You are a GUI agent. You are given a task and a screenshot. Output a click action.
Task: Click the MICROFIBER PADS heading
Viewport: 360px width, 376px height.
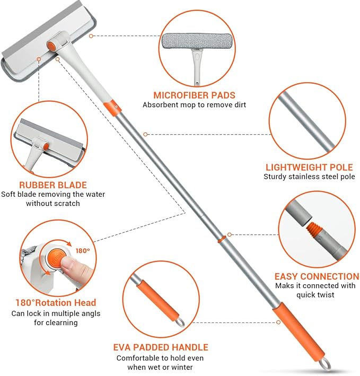click(x=195, y=95)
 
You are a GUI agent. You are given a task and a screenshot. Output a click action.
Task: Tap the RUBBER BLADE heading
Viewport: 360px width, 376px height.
click(x=53, y=185)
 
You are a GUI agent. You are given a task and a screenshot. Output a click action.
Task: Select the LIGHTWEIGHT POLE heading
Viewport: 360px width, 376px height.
click(x=309, y=167)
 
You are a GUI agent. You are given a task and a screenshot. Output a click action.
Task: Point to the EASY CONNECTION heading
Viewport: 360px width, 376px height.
click(x=317, y=276)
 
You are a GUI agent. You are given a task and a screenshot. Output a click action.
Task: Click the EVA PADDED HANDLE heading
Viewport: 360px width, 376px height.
click(x=161, y=347)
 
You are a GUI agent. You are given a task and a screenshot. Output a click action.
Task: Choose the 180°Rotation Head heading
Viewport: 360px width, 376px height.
click(x=56, y=303)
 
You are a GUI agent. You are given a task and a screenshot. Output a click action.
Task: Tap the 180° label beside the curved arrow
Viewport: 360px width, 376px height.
click(x=83, y=251)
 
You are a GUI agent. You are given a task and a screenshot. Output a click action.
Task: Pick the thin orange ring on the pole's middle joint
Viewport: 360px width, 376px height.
click(x=222, y=239)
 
